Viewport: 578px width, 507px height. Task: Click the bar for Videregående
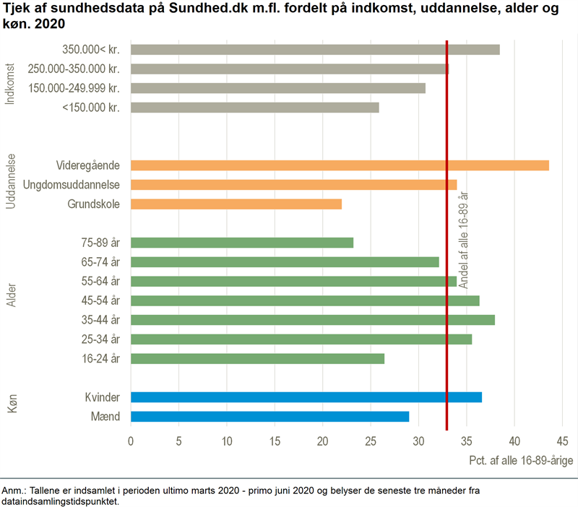(x=340, y=165)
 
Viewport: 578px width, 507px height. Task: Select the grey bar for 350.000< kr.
(x=315, y=50)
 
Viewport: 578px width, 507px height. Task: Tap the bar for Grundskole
(x=236, y=204)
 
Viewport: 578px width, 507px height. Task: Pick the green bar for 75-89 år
(x=242, y=243)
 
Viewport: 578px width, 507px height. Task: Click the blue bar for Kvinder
(x=306, y=397)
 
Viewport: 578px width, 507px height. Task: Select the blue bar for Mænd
(x=269, y=417)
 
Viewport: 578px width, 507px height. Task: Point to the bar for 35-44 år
(x=313, y=320)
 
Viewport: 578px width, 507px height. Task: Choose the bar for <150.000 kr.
(x=255, y=108)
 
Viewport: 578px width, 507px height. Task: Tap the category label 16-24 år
(x=100, y=359)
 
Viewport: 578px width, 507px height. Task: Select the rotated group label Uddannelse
(x=11, y=182)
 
